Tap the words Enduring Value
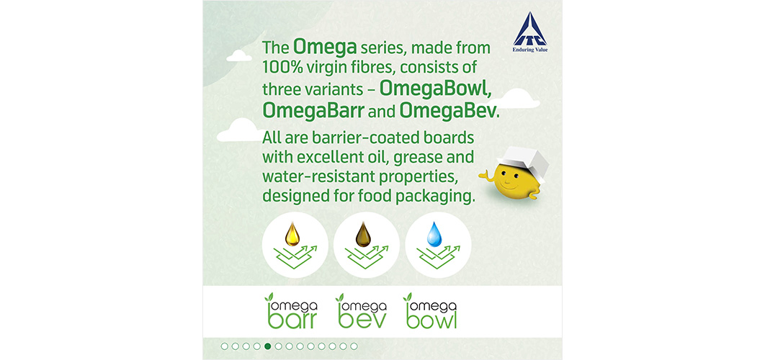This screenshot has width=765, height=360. pyautogui.click(x=530, y=49)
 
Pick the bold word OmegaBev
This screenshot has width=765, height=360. pyautogui.click(x=448, y=111)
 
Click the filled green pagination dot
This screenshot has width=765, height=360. pyautogui.click(x=267, y=346)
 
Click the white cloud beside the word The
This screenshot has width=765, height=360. pyautogui.click(x=239, y=55)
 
